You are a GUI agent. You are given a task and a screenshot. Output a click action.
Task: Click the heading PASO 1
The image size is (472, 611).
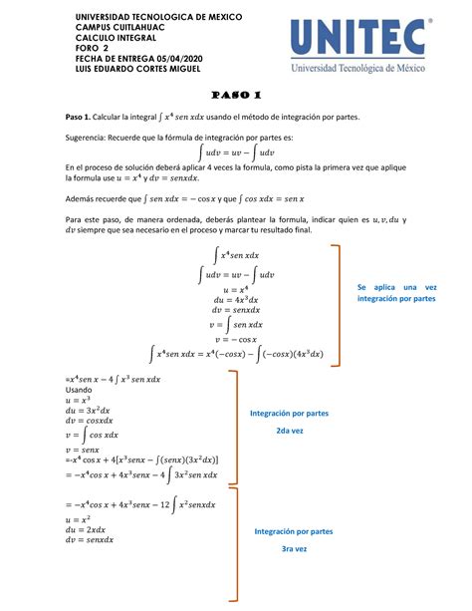[235, 96]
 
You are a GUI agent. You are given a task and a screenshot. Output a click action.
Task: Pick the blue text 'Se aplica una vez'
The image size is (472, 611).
[396, 287]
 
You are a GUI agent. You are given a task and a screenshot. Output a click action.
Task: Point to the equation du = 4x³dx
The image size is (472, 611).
[235, 299]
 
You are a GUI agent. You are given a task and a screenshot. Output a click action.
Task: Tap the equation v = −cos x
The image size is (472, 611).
[235, 339]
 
